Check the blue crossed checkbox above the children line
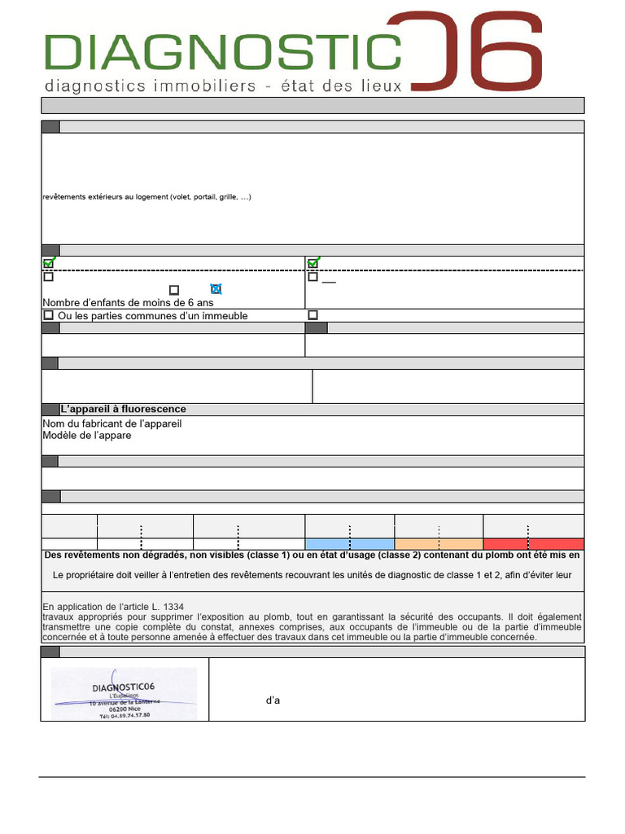pyautogui.click(x=216, y=289)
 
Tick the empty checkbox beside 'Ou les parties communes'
pyautogui.click(x=48, y=315)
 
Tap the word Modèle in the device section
pyautogui.click(x=59, y=435)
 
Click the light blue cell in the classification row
pyautogui.click(x=350, y=544)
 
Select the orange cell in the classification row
pyautogui.click(x=439, y=544)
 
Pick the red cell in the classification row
pyautogui.click(x=534, y=544)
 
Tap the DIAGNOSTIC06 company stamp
pyautogui.click(x=124, y=693)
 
